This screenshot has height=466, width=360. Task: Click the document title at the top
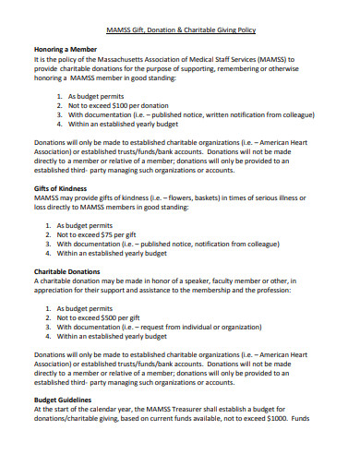(179, 30)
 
